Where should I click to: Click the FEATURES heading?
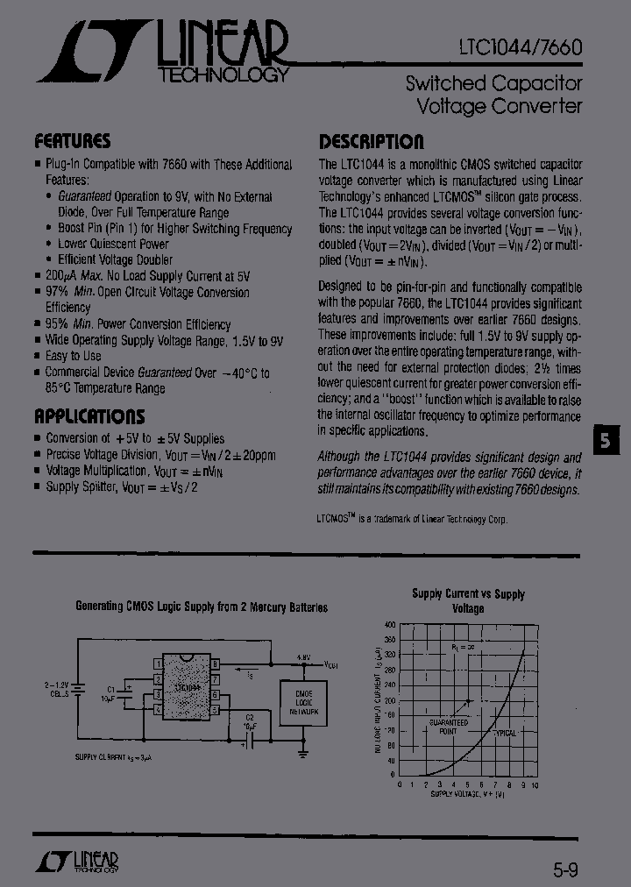point(72,141)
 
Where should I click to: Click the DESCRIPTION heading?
point(371,141)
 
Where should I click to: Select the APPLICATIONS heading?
point(89,416)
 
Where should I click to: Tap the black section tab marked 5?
point(605,440)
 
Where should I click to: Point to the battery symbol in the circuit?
point(78,688)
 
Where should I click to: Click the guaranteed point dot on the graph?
point(470,701)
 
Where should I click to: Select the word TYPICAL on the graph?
point(505,731)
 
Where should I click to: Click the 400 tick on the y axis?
point(390,624)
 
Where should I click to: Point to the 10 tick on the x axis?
point(534,784)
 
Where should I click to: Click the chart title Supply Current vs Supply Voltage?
point(468,600)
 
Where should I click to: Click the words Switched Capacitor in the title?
point(493,84)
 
